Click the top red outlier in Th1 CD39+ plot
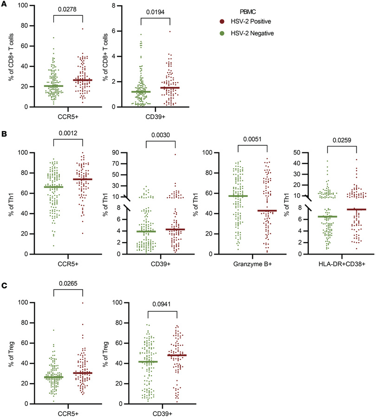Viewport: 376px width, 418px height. coord(175,154)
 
